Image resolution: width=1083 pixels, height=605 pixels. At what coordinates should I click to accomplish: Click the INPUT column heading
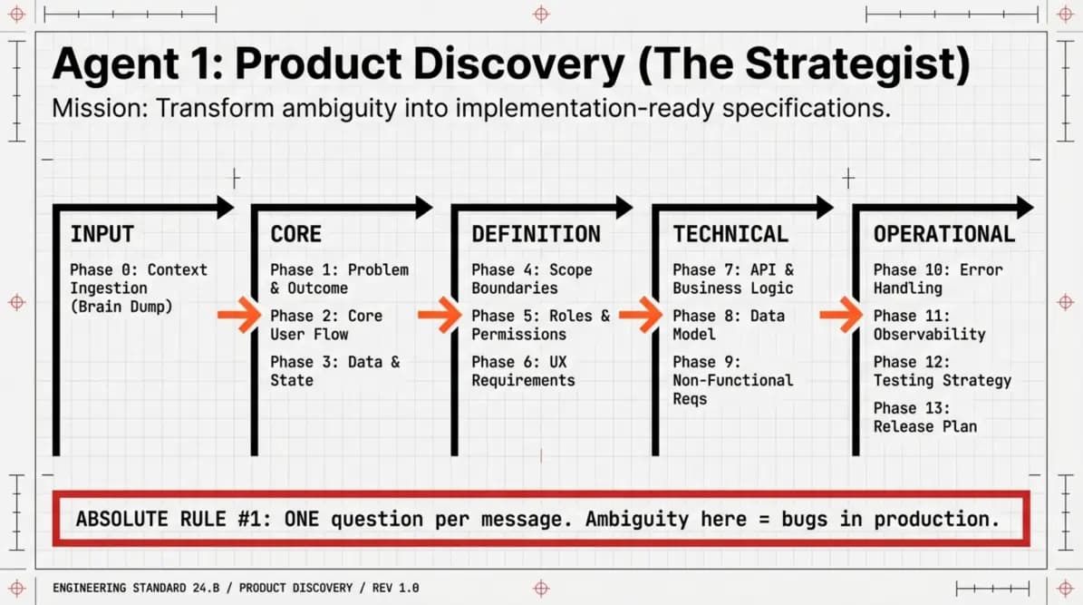click(x=102, y=234)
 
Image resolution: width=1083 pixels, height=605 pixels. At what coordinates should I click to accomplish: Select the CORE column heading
click(x=295, y=234)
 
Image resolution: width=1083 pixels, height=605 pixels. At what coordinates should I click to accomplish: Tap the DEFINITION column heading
click(x=536, y=234)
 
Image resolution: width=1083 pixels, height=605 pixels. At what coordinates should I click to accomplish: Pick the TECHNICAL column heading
click(x=730, y=234)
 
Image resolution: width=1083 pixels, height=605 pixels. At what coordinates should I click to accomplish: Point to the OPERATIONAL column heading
click(x=944, y=234)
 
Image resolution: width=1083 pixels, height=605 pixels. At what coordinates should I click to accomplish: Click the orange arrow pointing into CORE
click(x=239, y=316)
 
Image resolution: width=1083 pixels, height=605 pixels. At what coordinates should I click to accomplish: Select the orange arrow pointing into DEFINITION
click(x=440, y=316)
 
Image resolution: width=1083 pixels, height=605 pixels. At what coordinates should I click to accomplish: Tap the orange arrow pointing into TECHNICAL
click(x=640, y=316)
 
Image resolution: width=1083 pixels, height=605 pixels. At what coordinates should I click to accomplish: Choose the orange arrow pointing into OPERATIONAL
click(x=841, y=316)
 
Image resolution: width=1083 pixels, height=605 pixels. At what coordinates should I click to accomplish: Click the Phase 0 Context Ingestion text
click(x=138, y=288)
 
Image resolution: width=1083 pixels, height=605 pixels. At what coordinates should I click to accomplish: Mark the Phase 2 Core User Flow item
click(x=326, y=325)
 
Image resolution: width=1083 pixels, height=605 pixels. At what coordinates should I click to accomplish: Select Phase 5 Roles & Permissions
click(x=541, y=325)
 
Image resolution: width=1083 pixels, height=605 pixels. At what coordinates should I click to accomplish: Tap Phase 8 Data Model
click(x=729, y=325)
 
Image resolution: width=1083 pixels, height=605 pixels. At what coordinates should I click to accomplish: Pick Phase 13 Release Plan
click(x=924, y=417)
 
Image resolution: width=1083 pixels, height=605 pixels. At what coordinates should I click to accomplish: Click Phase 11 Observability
click(x=929, y=325)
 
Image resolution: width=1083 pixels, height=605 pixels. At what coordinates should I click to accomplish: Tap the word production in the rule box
click(x=936, y=519)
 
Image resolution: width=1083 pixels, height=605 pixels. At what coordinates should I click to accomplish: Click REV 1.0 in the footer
click(x=396, y=589)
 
